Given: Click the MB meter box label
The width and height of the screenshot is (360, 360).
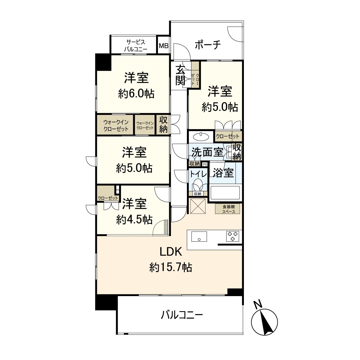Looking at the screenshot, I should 163,46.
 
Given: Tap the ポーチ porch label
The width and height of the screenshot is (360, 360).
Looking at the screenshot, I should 208,45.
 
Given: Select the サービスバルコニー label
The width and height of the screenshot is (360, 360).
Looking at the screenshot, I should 136,45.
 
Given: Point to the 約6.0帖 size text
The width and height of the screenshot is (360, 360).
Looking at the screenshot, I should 136,94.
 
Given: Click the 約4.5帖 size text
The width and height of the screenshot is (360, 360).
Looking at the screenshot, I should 134,220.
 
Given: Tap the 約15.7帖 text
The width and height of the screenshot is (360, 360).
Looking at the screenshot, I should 170,267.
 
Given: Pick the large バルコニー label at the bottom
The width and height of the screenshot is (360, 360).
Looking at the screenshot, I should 182,315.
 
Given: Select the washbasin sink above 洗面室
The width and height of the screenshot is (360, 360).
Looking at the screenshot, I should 201,137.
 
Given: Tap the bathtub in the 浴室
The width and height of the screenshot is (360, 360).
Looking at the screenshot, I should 225,193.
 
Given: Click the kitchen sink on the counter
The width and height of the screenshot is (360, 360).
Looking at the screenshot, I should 199,236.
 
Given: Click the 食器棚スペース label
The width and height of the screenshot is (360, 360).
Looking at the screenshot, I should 229,209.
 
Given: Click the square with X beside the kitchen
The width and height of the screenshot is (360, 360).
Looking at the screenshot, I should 197,206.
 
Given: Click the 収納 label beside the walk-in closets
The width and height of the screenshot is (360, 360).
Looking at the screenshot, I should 163,124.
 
